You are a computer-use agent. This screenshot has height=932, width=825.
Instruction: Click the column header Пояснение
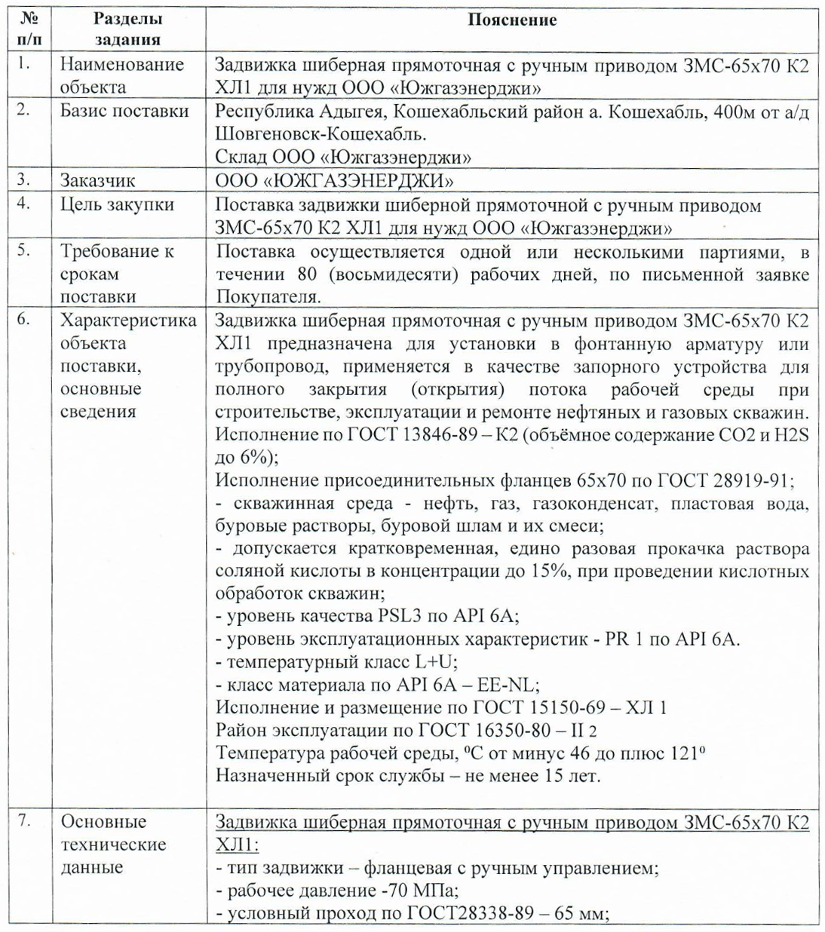[x=512, y=20]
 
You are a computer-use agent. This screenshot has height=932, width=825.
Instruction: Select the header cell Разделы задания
[x=127, y=30]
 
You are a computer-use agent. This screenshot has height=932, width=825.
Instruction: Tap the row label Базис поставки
[x=124, y=111]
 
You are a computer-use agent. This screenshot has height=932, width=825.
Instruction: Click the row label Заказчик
[x=98, y=181]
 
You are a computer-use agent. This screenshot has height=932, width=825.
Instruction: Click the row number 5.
[x=23, y=250]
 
